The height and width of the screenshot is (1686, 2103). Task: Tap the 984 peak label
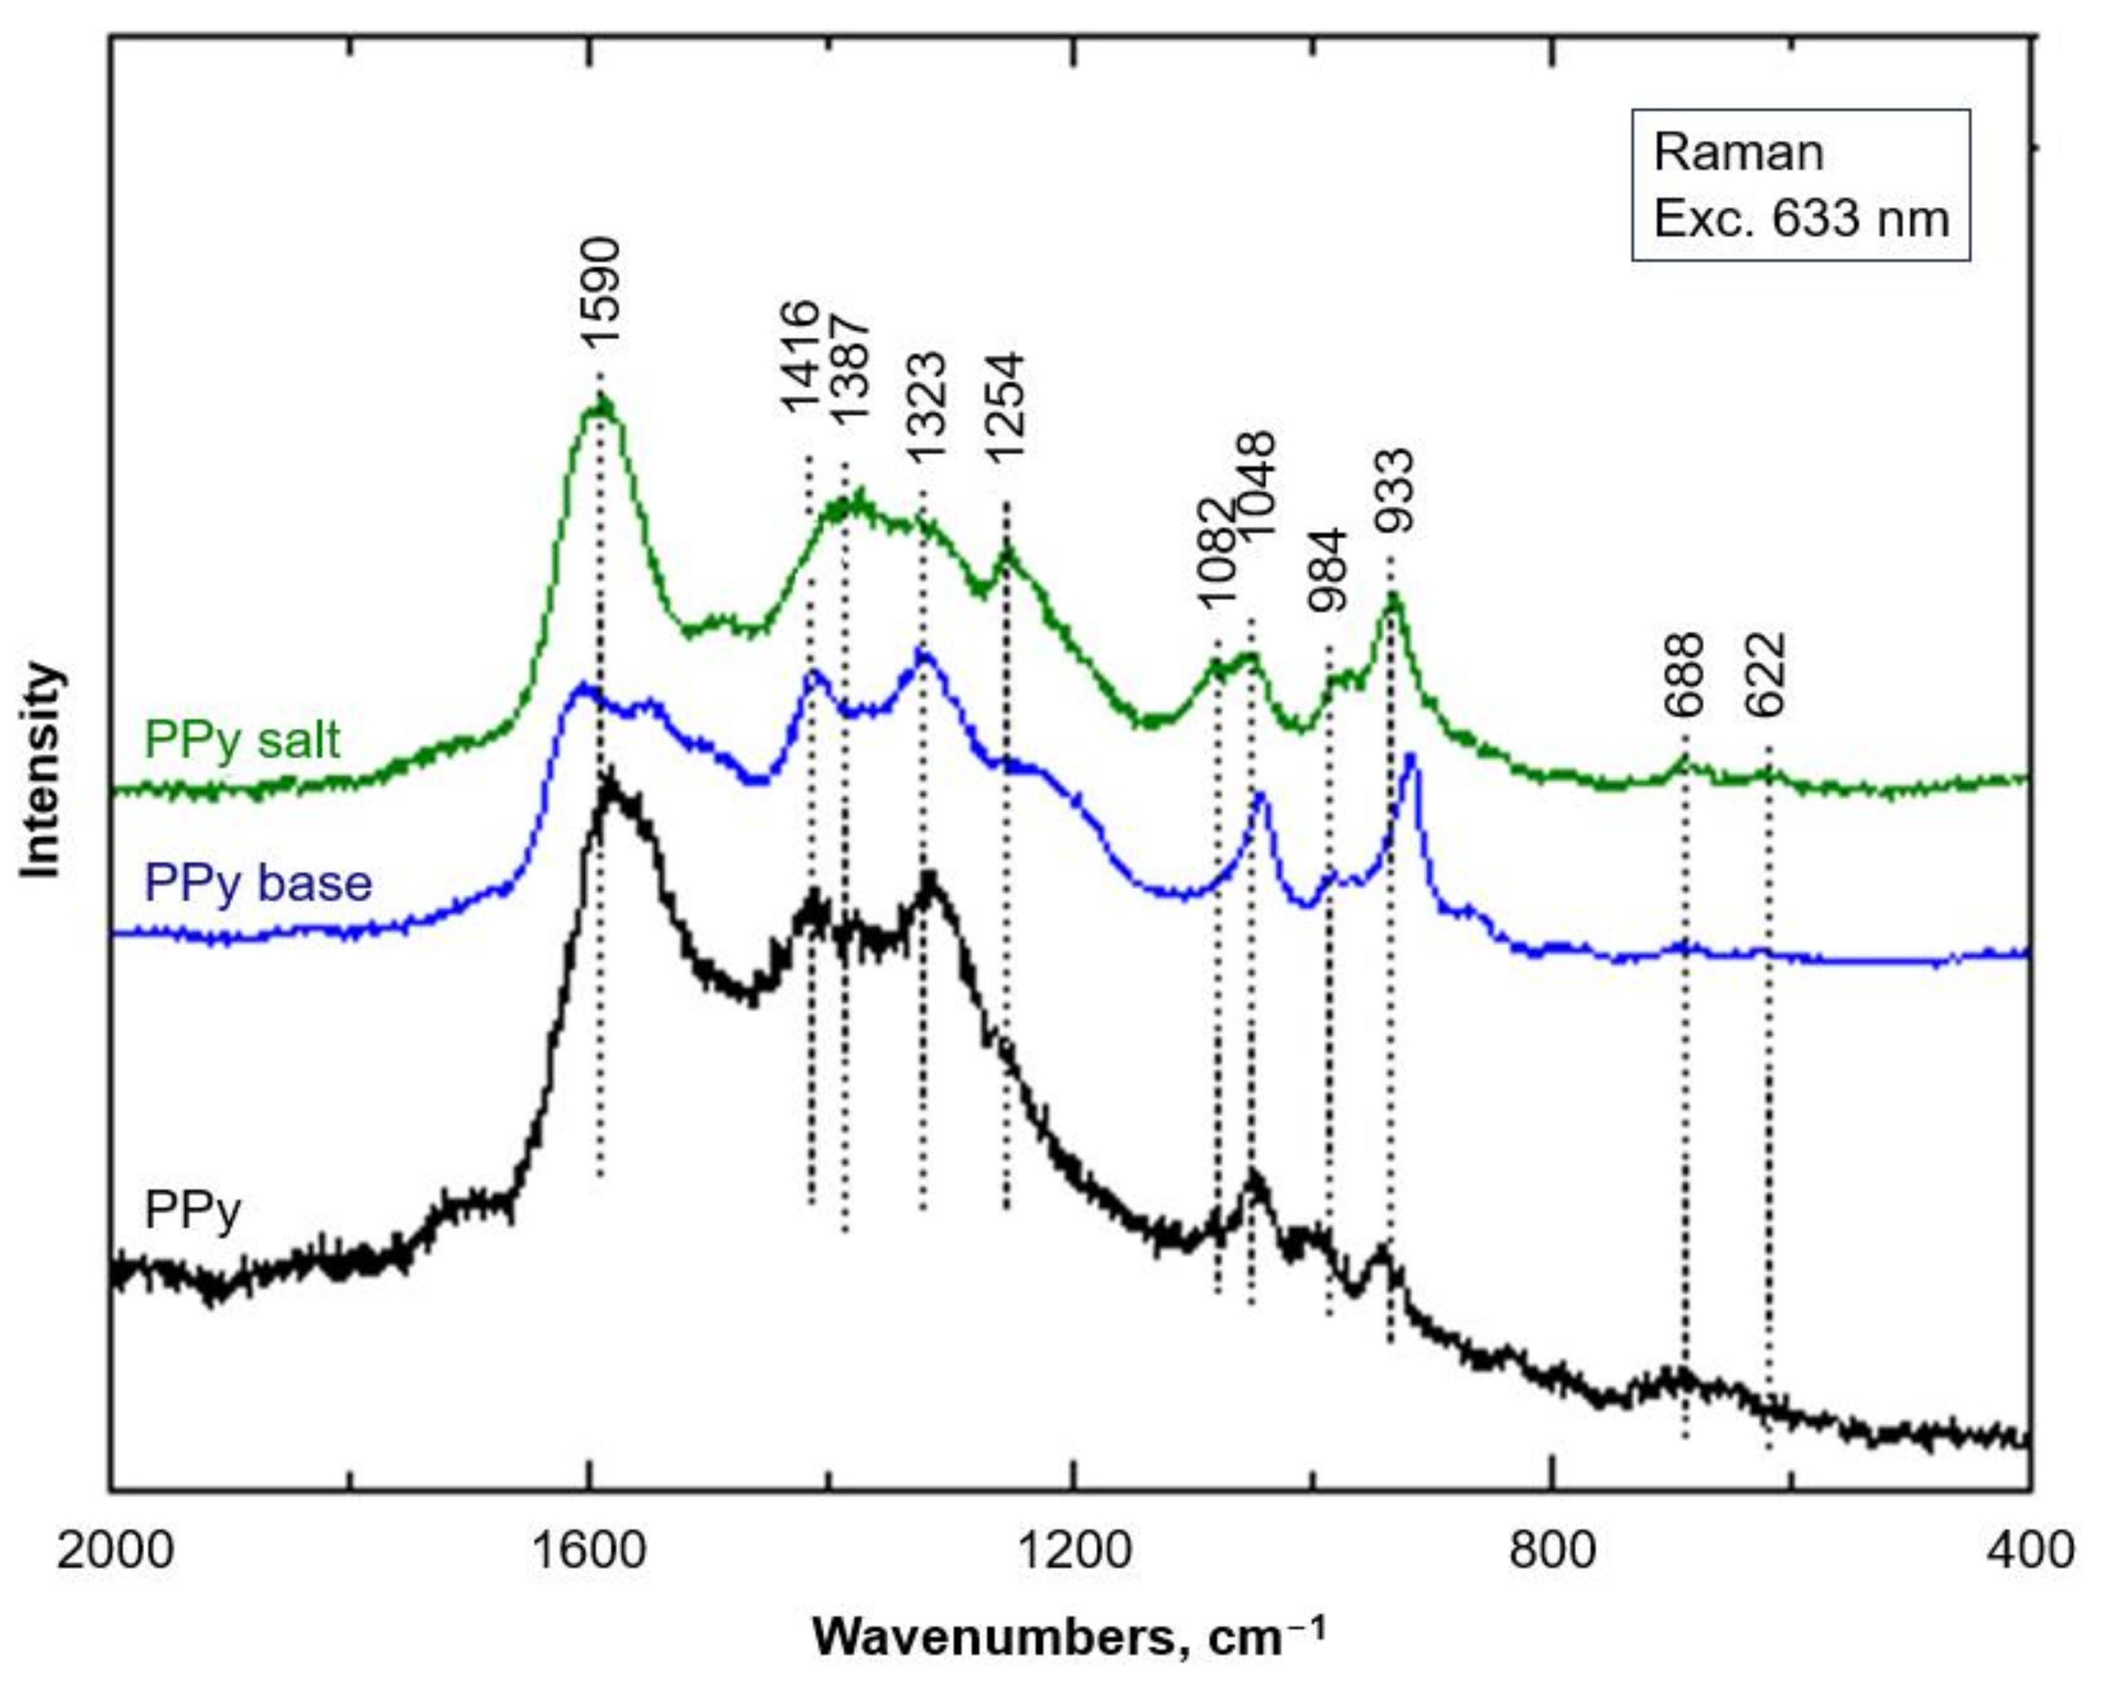pos(1328,570)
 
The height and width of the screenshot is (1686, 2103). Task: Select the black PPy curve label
pos(192,1211)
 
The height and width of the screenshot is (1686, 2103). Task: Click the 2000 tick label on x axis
pos(114,1548)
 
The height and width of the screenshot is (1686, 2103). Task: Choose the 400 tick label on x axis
pos(2033,1548)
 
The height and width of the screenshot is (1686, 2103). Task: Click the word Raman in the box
pos(1738,152)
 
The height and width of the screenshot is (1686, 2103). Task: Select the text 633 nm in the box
pos(1859,218)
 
